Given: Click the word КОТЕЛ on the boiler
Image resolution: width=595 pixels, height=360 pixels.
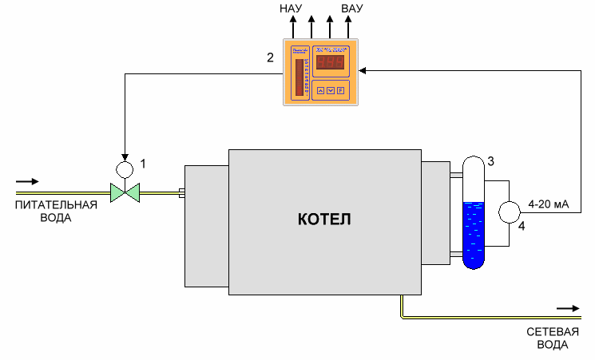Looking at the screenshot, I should pos(323,219).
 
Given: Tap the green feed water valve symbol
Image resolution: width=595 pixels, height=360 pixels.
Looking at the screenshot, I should pos(124,192).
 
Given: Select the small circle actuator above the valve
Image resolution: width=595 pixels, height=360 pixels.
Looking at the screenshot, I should pos(125,169).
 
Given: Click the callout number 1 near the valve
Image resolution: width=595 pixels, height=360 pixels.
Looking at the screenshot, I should pos(143,164).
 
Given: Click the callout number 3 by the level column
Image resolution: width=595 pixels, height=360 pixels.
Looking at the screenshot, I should pos(491,161).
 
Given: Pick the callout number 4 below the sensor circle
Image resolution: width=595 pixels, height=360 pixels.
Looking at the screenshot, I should pos(522,227).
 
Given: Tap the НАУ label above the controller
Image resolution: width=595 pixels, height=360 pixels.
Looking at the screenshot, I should pos(291,10).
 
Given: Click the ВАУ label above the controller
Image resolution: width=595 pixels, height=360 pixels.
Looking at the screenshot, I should pos(351,10).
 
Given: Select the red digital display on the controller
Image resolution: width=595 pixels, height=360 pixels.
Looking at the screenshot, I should pos(329,63).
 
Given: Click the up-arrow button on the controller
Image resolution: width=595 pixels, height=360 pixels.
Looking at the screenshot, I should pos(321,90).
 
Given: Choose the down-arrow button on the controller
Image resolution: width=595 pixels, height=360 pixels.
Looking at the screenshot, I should pos(331,90).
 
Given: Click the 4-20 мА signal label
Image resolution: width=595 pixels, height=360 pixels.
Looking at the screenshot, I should pos(549,205).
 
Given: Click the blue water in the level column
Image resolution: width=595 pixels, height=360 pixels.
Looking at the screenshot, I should pos(474,231).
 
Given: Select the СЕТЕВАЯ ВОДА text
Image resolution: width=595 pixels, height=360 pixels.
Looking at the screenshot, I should pos(547,338).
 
